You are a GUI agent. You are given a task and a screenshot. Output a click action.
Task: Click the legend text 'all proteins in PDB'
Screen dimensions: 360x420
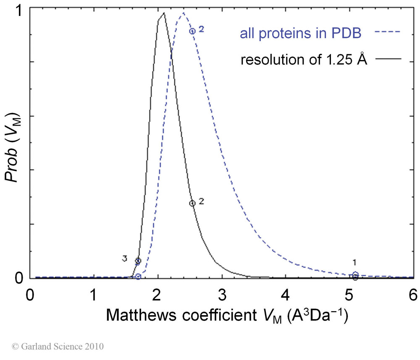tap(300, 34)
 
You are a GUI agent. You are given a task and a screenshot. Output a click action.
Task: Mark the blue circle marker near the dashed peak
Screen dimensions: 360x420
tap(192, 31)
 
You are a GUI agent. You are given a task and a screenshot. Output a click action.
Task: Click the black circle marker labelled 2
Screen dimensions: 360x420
tap(192, 203)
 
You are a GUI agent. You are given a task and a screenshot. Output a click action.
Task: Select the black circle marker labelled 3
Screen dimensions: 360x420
tap(138, 261)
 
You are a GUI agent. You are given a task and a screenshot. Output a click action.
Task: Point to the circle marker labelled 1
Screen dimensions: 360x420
tap(355, 275)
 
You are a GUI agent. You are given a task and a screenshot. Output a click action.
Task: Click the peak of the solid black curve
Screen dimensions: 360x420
tap(163, 13)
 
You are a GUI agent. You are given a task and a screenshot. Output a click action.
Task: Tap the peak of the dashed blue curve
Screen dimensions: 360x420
tap(183, 13)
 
